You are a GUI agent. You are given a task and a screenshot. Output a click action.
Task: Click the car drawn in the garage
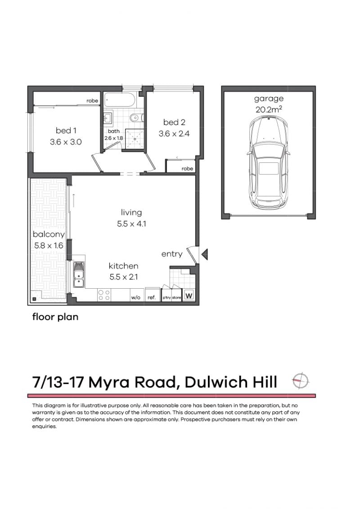point(269,161)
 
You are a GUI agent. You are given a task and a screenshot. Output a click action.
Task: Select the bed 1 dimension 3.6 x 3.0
point(66,142)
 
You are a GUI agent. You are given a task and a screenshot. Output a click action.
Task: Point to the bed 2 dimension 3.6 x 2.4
point(174,134)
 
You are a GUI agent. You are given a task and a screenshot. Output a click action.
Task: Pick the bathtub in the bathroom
point(119,100)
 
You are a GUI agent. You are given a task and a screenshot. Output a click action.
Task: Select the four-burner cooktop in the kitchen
point(104,295)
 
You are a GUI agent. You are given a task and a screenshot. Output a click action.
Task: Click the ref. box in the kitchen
point(152,297)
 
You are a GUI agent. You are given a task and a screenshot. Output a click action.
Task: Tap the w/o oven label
point(135,297)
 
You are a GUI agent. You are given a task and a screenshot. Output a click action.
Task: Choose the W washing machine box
point(189,296)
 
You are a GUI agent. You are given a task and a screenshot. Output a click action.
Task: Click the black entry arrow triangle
point(204,255)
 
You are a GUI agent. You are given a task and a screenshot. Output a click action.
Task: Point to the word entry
point(172,254)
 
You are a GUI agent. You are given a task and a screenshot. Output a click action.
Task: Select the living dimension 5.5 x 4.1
point(131,223)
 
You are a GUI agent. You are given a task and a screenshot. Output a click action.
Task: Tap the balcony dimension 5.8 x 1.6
point(48,246)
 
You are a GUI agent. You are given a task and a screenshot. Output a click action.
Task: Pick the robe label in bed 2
point(187,169)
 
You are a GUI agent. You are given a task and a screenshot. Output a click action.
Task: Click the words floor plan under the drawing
point(55,317)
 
